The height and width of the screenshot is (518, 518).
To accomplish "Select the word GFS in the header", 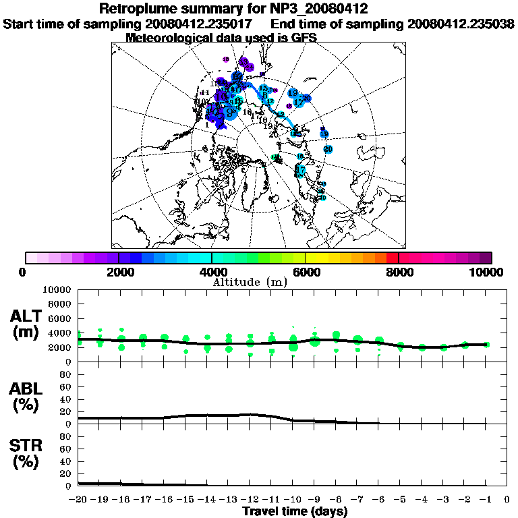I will [304, 38].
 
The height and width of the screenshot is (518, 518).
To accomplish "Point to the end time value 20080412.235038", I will [461, 24].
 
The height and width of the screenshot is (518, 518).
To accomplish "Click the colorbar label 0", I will [23, 272].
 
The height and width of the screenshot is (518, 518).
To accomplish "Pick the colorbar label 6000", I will [306, 272].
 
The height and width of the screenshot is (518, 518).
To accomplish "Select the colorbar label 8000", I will [399, 272].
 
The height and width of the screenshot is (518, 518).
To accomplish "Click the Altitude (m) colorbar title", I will [250, 282].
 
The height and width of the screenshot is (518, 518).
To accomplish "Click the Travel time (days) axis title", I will [295, 512].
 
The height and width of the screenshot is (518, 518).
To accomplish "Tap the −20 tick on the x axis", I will [78, 500].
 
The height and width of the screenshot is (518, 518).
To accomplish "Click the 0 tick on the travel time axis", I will [507, 500].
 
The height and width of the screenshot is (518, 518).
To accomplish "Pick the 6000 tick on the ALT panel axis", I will [60, 318].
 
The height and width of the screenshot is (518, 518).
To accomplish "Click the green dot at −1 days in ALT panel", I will [486, 345].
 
